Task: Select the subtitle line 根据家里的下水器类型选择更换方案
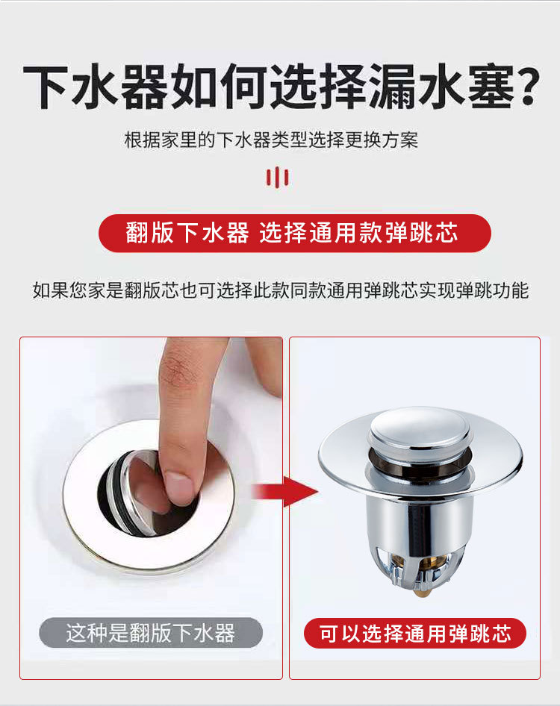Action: click(271, 140)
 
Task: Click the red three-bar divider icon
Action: click(278, 177)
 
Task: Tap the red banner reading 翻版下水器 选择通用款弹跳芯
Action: click(295, 233)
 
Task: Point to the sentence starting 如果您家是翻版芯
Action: click(280, 290)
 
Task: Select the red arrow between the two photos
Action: click(284, 491)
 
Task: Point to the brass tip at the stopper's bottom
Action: click(422, 588)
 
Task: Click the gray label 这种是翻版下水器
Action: click(151, 633)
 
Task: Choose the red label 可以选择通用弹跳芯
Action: click(415, 633)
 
